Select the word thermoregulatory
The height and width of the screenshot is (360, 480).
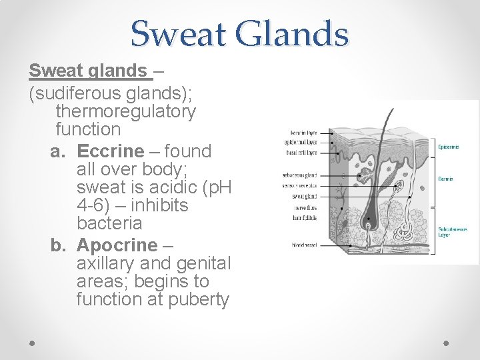tap(126, 111)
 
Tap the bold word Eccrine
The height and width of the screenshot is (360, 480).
tap(110, 151)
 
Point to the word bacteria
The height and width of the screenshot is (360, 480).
tap(109, 223)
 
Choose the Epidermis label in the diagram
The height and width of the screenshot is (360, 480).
tap(447, 147)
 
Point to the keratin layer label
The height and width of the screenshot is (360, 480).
tap(304, 133)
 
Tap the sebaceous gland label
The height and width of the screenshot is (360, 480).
tap(300, 175)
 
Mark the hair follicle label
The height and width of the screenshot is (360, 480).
tap(304, 217)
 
